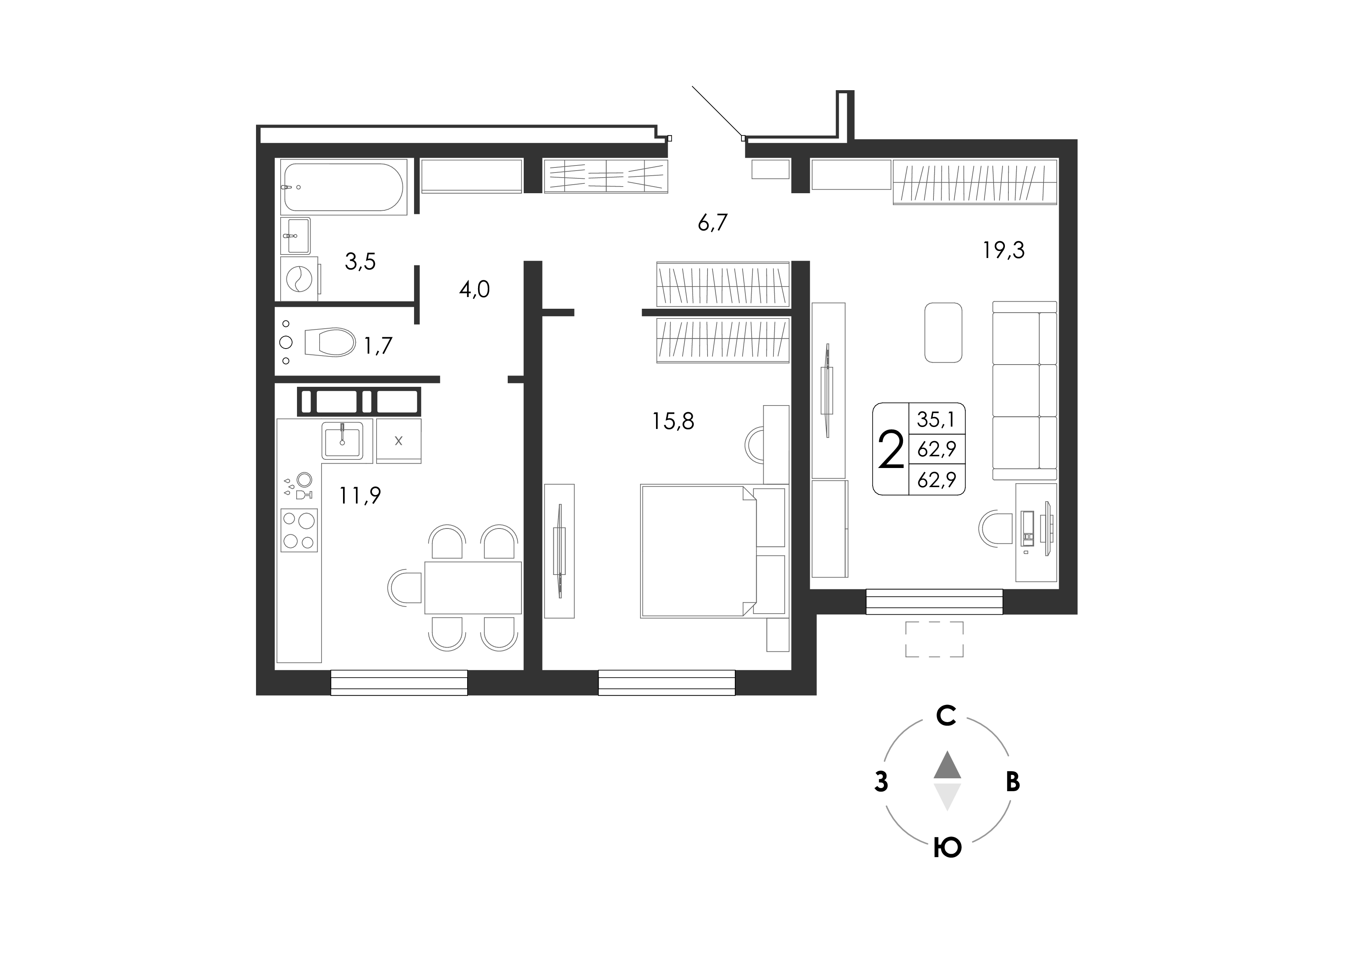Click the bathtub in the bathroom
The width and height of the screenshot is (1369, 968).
[x=344, y=187]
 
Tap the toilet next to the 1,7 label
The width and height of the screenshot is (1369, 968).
[x=330, y=342]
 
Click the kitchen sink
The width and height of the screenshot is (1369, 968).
[x=342, y=441]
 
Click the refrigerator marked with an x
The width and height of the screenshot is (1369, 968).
[x=399, y=441]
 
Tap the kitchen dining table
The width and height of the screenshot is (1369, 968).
[x=473, y=587]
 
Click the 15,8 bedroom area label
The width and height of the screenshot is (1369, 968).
[x=673, y=422]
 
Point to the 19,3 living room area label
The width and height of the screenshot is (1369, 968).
[x=1003, y=251]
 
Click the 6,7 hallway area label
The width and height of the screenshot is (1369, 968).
[x=713, y=223]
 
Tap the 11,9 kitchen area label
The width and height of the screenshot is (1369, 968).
[x=360, y=495]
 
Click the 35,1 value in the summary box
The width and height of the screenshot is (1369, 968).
[x=936, y=420]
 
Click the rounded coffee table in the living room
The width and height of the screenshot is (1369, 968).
[x=943, y=332]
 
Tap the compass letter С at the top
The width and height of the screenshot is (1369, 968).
[x=947, y=716]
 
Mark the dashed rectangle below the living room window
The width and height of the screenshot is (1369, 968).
[x=934, y=639]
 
